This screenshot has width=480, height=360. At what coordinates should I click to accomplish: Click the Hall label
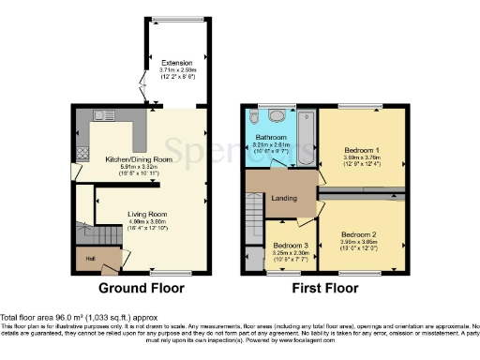(90, 257)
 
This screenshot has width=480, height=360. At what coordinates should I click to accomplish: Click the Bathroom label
(270, 138)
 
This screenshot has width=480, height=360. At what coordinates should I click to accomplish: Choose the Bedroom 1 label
(360, 150)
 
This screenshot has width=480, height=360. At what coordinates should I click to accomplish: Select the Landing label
(285, 198)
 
